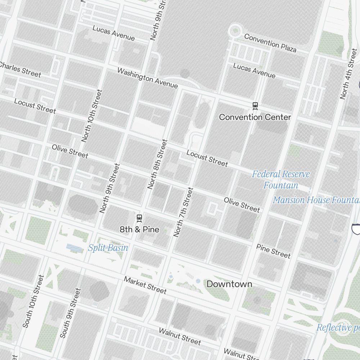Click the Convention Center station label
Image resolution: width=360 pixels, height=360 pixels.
point(255,117)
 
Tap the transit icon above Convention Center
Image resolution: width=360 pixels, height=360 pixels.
point(255,105)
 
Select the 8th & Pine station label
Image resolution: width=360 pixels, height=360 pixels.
point(139,229)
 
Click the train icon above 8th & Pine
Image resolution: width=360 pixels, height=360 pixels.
point(139,218)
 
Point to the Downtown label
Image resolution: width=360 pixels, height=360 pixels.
point(229,284)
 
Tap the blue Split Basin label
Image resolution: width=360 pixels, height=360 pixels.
point(108,248)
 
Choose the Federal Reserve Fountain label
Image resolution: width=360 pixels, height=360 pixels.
point(281,180)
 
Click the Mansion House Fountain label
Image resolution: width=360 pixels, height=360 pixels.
point(316,200)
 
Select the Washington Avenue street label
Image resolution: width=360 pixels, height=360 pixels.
point(148,78)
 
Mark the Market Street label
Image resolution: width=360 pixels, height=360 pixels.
point(145,285)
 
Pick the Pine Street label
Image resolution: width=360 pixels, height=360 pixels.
point(273,251)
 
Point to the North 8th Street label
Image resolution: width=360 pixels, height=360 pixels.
point(157,164)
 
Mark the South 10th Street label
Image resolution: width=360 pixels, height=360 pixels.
point(33,301)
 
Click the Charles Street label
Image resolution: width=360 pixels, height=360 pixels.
point(20,69)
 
